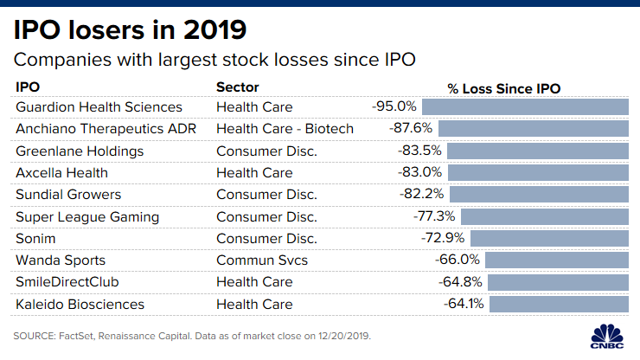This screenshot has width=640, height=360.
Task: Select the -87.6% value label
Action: [x=416, y=128]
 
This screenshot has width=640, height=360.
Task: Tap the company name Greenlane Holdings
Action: [x=80, y=151]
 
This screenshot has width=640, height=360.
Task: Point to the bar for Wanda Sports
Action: [x=556, y=260]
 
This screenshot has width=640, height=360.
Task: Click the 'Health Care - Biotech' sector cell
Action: [x=285, y=128]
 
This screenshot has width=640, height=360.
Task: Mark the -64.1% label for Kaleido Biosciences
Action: [x=464, y=305]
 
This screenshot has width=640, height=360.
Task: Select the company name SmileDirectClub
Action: [x=67, y=282]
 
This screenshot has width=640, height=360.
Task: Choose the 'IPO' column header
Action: [x=28, y=87]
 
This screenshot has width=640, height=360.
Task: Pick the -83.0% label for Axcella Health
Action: [x=421, y=172]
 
